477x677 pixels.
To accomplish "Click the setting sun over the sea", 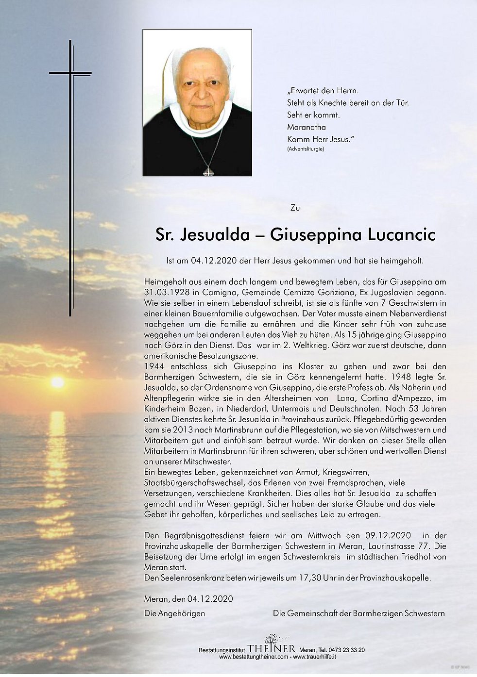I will click(57, 382).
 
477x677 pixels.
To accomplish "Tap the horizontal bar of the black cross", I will click(70, 73).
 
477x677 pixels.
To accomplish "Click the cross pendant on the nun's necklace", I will click(208, 171).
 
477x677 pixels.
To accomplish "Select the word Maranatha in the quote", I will click(307, 127).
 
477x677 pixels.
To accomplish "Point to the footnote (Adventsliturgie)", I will click(306, 149).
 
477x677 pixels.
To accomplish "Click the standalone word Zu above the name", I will click(295, 208).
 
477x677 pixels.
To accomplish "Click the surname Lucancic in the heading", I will click(401, 234).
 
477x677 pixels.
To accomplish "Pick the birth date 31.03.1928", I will click(167, 292).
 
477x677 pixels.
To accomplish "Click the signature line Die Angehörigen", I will click(174, 613).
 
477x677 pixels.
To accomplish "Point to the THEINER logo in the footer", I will click(271, 648).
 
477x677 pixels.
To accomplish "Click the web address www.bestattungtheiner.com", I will click(254, 657).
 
